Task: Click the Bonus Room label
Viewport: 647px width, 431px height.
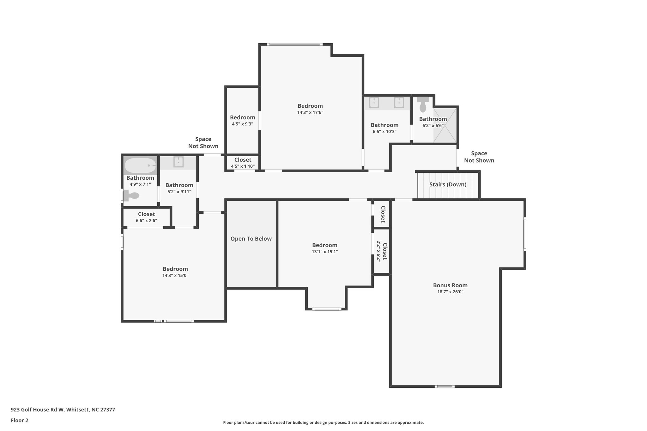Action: tap(450, 285)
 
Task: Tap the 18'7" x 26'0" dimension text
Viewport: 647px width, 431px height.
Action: tap(450, 292)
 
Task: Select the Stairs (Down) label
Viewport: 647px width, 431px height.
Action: tap(448, 184)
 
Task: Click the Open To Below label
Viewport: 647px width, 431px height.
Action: tap(251, 239)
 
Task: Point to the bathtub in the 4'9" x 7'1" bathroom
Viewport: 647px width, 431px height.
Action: tap(140, 165)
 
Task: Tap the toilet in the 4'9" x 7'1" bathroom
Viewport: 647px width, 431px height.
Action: tap(131, 195)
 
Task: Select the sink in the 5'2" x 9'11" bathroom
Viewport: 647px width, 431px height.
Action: tap(178, 162)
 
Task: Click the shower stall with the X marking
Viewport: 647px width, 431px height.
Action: tap(445, 125)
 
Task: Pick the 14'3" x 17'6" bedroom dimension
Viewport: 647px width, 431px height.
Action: tap(310, 112)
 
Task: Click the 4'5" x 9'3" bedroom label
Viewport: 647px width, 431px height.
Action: tap(242, 117)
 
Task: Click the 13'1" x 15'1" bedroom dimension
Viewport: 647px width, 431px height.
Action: tap(324, 252)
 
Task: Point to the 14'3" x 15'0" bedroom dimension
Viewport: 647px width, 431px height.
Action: tap(175, 276)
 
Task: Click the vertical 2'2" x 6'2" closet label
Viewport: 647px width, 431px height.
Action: tap(382, 251)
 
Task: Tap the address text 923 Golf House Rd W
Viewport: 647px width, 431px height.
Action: tap(63, 410)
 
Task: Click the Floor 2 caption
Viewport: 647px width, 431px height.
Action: tap(20, 420)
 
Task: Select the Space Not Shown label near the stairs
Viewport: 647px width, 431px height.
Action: tap(479, 157)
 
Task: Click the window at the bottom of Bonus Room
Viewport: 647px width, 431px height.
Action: tap(444, 386)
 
